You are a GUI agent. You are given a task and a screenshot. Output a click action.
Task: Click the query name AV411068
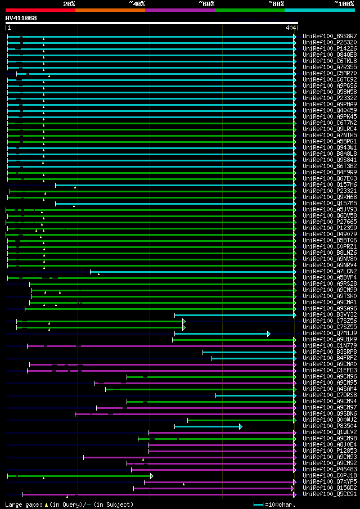click(21, 18)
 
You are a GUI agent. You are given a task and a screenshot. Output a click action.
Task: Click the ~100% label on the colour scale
click(344, 4)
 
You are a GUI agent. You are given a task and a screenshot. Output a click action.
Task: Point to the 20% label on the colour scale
click(69, 4)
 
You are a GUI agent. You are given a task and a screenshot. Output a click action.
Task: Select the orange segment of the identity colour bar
click(110, 10)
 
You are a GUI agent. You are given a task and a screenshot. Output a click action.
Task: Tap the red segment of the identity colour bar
click(40, 10)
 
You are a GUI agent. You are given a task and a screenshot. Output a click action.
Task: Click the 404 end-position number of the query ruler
click(291, 28)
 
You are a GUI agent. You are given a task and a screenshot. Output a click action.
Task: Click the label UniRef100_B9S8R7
click(329, 37)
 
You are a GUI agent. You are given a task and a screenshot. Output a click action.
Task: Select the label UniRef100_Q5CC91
click(329, 494)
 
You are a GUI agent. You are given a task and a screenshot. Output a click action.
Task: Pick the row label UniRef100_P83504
click(329, 426)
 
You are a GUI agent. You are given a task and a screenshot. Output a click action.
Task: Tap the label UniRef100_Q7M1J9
click(329, 334)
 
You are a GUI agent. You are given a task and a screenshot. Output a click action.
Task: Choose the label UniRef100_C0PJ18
click(329, 476)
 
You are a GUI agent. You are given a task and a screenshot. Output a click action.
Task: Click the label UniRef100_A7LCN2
click(329, 272)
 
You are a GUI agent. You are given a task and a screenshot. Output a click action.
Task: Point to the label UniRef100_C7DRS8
click(329, 395)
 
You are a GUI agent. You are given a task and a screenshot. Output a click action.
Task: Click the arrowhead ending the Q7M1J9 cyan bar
click(269, 334)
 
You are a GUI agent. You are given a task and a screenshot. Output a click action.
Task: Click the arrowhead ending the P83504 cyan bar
click(241, 426)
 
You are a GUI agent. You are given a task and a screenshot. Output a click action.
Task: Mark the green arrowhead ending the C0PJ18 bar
click(152, 476)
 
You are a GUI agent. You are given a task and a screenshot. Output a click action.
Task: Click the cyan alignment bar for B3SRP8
click(248, 352)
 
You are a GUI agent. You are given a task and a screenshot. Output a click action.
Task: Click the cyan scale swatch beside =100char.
click(258, 505)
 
